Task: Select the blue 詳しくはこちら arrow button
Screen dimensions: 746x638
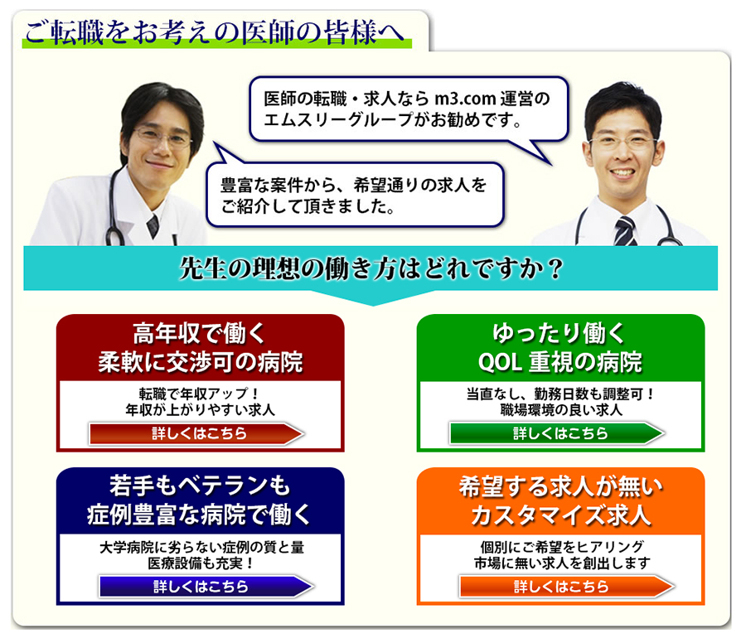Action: point(206,587)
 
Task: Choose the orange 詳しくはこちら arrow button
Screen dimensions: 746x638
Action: point(567,587)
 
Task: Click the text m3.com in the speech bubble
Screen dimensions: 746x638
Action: point(465,99)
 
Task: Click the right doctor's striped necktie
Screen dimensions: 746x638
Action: point(624,230)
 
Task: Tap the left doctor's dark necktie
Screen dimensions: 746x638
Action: point(153,226)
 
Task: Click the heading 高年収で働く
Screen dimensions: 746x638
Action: point(199,333)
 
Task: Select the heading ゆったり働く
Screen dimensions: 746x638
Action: point(559,333)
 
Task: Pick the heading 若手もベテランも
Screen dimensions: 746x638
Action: point(200,486)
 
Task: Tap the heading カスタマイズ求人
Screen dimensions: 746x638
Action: point(561,515)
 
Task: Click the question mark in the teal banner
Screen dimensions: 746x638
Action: point(555,268)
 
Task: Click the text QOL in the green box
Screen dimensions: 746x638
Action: point(499,362)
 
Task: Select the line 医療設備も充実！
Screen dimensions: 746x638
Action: point(200,563)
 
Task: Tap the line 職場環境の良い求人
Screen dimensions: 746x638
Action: point(561,410)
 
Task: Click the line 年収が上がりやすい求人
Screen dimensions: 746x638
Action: point(201,410)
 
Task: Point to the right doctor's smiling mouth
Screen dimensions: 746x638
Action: point(622,172)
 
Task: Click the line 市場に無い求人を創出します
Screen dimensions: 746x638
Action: point(562,563)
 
